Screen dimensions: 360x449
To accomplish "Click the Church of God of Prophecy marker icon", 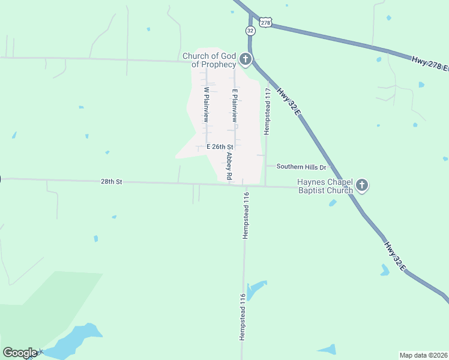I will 245,59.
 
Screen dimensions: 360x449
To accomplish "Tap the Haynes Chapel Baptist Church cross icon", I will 361,185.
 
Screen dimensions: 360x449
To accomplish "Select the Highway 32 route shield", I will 250,30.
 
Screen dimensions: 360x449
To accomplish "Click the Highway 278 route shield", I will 267,22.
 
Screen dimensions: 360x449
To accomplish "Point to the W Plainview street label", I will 206,105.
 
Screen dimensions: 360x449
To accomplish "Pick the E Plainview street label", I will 235,106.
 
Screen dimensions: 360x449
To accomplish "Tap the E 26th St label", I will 219,146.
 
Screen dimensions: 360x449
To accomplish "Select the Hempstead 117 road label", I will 268,110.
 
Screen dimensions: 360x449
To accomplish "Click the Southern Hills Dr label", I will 301,167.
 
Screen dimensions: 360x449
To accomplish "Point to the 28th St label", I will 111,181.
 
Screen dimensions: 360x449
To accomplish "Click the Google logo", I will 20,353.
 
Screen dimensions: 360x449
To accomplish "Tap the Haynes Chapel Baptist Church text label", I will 324,186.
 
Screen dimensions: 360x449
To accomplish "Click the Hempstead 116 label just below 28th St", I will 246,215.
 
